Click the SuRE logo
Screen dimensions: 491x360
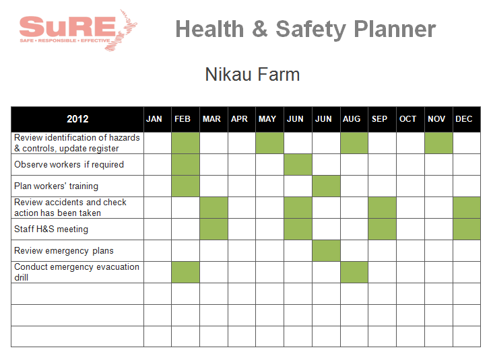[x=78, y=30]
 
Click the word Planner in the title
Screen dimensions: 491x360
[x=395, y=29]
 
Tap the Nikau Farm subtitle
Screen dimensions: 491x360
[x=253, y=75]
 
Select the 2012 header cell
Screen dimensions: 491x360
[x=77, y=119]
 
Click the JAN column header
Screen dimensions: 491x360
[x=154, y=119]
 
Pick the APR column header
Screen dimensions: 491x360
[x=239, y=119]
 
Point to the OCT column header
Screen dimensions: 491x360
[x=407, y=119]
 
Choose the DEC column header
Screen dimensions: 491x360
[x=464, y=119]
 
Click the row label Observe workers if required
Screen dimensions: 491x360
[x=69, y=164]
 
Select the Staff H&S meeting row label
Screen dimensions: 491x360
[x=51, y=229]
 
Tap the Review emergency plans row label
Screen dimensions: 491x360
[x=64, y=250]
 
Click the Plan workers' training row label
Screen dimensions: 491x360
[x=56, y=186]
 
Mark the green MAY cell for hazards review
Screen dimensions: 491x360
[x=269, y=143]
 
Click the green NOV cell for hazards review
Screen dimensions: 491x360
[x=438, y=143]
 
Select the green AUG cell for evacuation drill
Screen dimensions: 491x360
[x=354, y=272]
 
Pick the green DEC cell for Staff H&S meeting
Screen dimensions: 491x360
[x=467, y=229]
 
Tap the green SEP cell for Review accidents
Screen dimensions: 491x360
[x=382, y=208]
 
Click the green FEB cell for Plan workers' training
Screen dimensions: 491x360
[x=185, y=186]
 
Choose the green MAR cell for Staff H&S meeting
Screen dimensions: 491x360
[x=214, y=229]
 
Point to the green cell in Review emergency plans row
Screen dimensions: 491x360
[x=326, y=250]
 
